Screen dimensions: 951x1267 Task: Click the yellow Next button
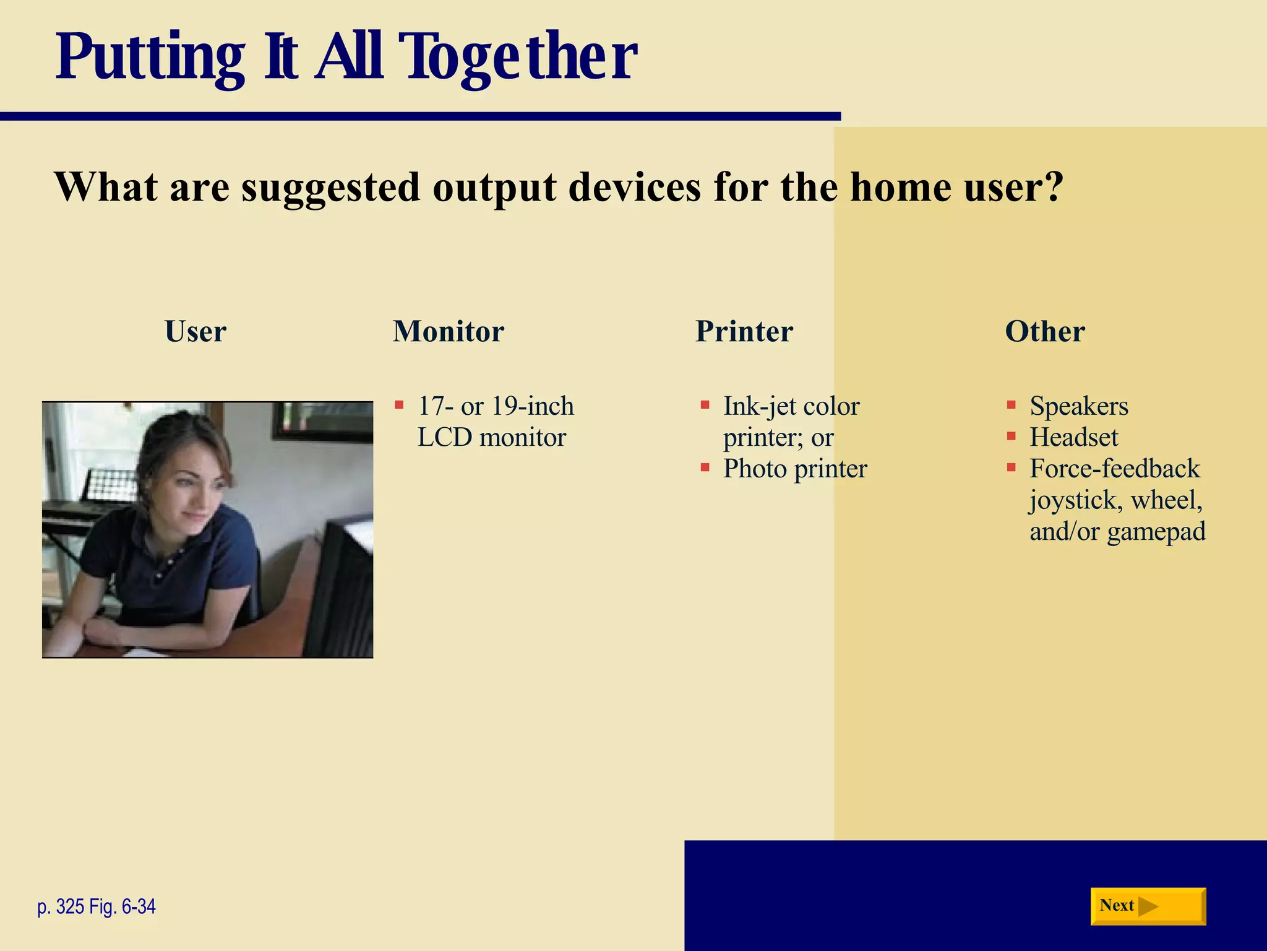coord(1148,906)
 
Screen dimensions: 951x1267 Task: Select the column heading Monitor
coord(449,331)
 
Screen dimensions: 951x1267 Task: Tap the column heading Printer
coord(744,331)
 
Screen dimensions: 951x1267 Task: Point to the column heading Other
coord(1045,331)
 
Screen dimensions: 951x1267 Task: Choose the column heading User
coord(195,331)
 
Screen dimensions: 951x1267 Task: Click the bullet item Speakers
coord(1078,406)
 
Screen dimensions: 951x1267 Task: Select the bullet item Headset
coord(1073,438)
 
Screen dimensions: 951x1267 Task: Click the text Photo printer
coord(795,469)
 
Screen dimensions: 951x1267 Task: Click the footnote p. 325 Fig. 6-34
coord(97,906)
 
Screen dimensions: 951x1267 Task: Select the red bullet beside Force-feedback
coord(1011,467)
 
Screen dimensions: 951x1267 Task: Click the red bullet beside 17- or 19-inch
coord(399,406)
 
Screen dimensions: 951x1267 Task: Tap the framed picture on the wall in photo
coord(322,421)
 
